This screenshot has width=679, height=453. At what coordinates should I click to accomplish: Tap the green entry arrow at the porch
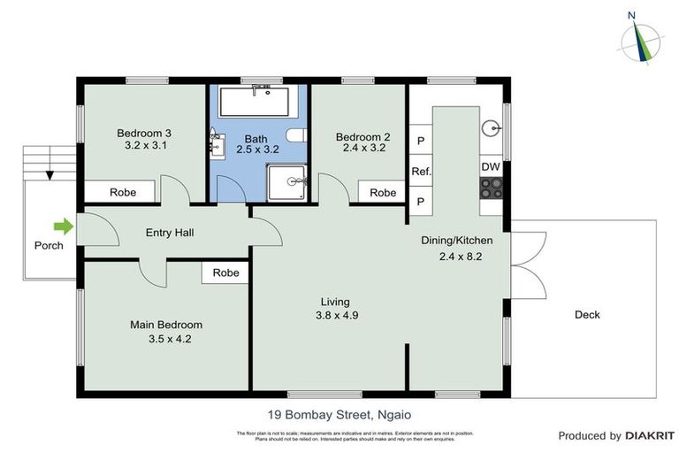(x=62, y=227)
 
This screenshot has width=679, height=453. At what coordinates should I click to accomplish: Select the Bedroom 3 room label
(x=144, y=134)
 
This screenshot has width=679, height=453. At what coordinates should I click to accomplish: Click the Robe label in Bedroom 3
(x=121, y=192)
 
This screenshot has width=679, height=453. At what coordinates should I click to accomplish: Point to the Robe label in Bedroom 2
(x=382, y=193)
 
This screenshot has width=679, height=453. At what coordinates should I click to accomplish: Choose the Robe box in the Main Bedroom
(x=225, y=273)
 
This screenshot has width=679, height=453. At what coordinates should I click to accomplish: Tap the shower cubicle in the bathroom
(x=287, y=182)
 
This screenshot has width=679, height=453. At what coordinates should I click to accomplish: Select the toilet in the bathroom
(x=297, y=134)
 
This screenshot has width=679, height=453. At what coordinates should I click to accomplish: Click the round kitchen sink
(x=491, y=127)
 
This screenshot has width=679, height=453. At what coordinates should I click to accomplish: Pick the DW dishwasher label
(x=490, y=166)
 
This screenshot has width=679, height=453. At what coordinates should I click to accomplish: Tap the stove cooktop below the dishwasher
(x=490, y=188)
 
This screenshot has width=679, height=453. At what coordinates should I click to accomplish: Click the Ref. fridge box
(x=421, y=171)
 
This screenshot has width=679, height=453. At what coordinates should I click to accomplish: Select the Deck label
(x=586, y=314)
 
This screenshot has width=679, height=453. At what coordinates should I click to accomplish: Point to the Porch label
(x=49, y=245)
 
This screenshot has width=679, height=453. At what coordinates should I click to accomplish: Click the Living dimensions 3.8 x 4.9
(x=336, y=315)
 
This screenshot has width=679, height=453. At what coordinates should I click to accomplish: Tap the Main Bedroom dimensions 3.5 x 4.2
(x=166, y=338)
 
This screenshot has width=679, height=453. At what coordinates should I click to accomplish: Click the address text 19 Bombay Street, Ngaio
(x=339, y=413)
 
